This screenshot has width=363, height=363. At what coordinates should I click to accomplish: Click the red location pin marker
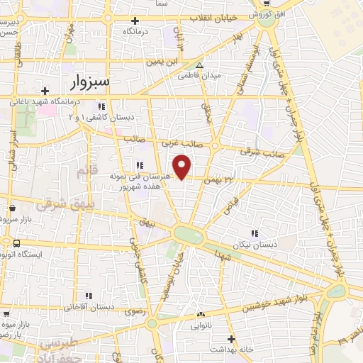click(183, 167)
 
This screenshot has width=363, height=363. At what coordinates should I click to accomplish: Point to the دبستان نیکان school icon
click(254, 233)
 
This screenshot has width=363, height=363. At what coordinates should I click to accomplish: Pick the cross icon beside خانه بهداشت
click(211, 350)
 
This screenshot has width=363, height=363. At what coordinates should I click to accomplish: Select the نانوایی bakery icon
click(201, 314)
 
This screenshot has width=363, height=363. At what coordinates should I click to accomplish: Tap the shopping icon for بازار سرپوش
click(13, 209)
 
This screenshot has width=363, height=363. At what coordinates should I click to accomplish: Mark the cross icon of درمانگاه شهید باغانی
click(45, 91)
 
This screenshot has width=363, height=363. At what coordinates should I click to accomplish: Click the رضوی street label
click(135, 311)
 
